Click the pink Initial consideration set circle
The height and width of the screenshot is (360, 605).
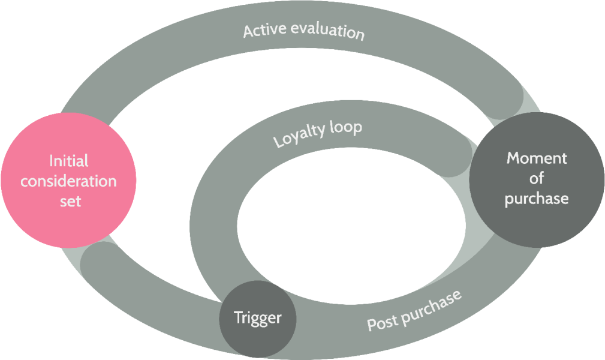point(69,180)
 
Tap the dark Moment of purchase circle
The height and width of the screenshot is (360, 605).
point(537,180)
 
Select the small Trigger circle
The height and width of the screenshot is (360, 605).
point(258,319)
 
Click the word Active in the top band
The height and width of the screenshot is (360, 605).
point(264,30)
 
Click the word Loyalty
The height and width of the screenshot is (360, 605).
point(299,135)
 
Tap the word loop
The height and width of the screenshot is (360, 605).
point(346,127)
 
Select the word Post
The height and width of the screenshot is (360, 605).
point(383,322)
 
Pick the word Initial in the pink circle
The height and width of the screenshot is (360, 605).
point(69,161)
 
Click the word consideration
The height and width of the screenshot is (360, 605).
point(69,181)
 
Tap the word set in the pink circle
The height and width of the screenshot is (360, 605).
point(70,201)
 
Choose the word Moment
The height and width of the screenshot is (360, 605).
point(537,158)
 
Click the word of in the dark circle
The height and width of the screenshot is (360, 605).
point(536,178)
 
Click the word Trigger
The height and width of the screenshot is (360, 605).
point(258,318)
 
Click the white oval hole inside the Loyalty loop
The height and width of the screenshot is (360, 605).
point(351,226)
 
